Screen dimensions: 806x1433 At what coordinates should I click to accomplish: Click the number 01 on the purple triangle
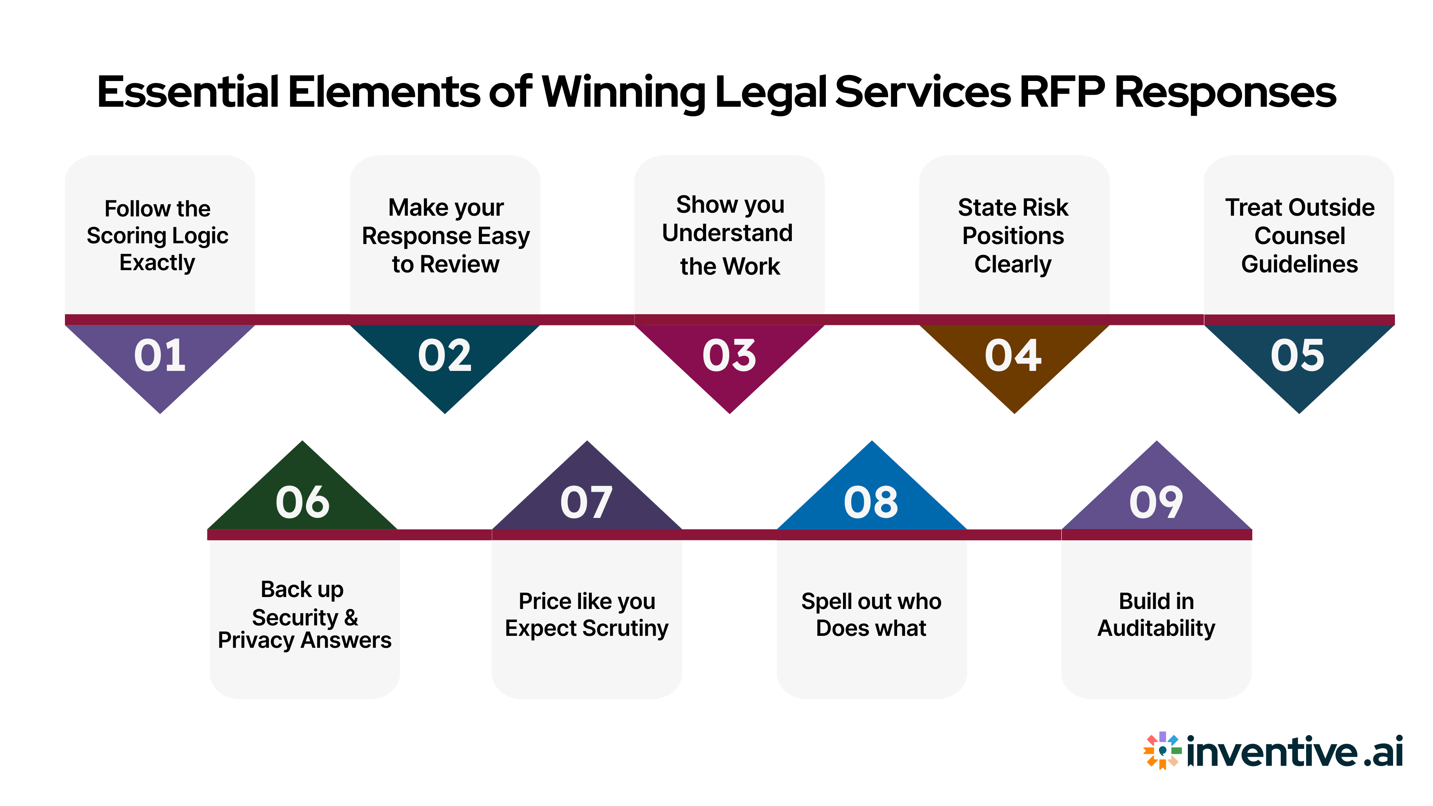click(x=160, y=356)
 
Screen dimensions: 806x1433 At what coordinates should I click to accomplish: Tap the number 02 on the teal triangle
click(x=444, y=356)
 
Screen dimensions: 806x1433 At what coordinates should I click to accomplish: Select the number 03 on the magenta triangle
click(x=729, y=356)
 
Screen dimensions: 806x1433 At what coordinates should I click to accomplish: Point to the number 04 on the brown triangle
click(x=1013, y=356)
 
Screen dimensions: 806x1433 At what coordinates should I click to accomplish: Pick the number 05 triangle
click(x=1298, y=356)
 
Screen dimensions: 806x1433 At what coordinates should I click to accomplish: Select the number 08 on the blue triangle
click(x=871, y=502)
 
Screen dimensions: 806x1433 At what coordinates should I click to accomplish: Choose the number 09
click(x=1156, y=502)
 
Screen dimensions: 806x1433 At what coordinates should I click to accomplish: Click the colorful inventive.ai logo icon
click(x=1162, y=750)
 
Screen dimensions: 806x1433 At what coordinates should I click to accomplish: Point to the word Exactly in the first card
click(x=157, y=263)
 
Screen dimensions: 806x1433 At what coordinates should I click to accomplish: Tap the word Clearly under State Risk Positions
click(x=1013, y=264)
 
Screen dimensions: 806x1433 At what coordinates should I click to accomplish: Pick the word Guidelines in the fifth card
click(x=1299, y=264)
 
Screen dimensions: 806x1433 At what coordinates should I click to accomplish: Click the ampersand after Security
click(x=351, y=618)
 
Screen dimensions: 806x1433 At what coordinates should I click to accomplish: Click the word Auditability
click(x=1156, y=628)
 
